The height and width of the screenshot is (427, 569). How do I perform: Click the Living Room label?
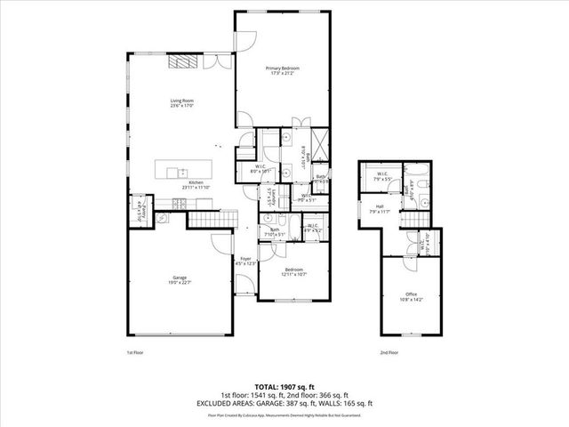(x=182, y=102)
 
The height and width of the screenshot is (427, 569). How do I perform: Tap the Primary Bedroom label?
(x=283, y=70)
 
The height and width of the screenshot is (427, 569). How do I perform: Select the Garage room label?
(x=180, y=280)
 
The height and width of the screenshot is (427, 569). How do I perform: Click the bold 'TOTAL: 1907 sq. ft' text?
(x=284, y=386)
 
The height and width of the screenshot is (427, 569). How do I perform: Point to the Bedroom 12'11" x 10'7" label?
(x=294, y=271)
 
